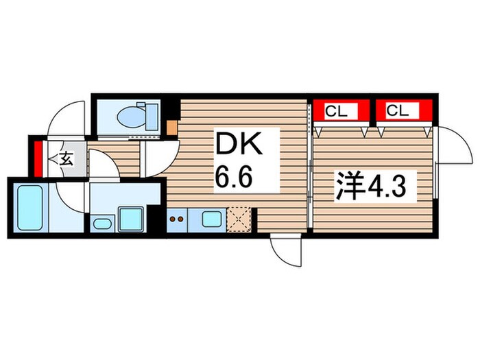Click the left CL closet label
click(335, 110)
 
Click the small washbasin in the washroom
click(101, 224)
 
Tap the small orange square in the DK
click(171, 127)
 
